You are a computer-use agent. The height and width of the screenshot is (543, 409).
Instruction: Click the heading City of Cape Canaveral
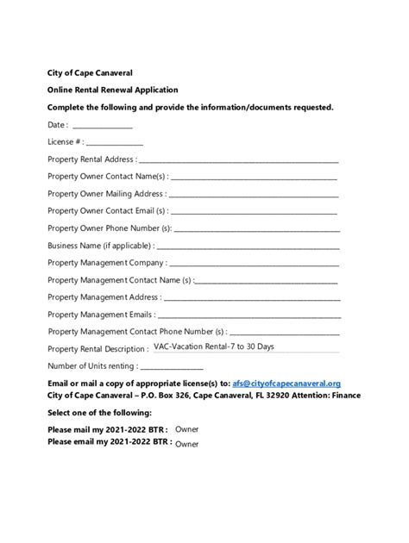click(90, 72)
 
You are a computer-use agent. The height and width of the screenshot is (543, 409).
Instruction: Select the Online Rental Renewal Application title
click(112, 90)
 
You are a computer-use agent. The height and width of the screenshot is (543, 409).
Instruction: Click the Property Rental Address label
click(91, 159)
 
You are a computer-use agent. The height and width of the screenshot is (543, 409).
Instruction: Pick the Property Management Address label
click(103, 296)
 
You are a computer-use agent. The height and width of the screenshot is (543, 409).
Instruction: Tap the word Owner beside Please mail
click(186, 428)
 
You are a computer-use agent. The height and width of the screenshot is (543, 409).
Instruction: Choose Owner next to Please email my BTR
click(186, 444)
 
